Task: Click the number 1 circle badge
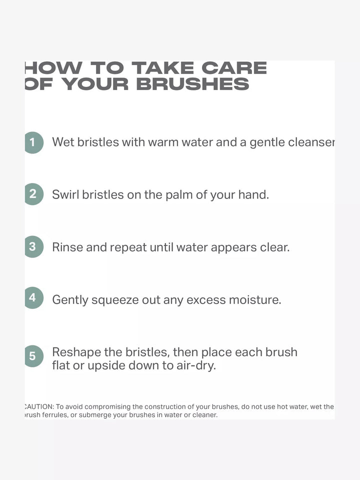[x=33, y=142]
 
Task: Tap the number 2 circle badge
[x=33, y=194]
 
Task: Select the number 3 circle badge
[x=33, y=246]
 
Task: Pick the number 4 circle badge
[x=33, y=298]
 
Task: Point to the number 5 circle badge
[x=33, y=356]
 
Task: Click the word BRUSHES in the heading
[x=192, y=84]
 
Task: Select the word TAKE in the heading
[x=164, y=68]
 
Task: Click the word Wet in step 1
[x=63, y=142]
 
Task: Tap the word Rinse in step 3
[x=67, y=247]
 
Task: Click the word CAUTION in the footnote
[x=38, y=407]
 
